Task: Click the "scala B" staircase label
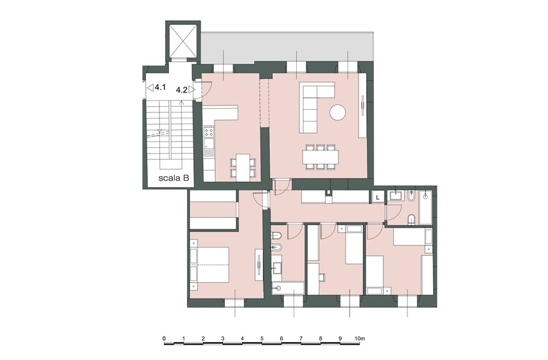point(173,177)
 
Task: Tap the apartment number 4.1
point(160,87)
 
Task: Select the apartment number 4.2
point(181,90)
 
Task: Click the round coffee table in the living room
point(338,113)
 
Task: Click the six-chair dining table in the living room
point(321,157)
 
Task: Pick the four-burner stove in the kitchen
point(209,132)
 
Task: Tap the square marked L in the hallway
point(378,197)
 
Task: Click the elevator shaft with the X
point(182,40)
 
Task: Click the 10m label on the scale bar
point(359,338)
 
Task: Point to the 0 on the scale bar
point(164,338)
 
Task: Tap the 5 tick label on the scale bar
point(261,338)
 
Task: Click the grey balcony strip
point(287,48)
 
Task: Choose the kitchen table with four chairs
point(243,168)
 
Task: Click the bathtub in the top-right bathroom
point(425,208)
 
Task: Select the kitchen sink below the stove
point(209,147)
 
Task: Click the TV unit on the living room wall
point(363,105)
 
